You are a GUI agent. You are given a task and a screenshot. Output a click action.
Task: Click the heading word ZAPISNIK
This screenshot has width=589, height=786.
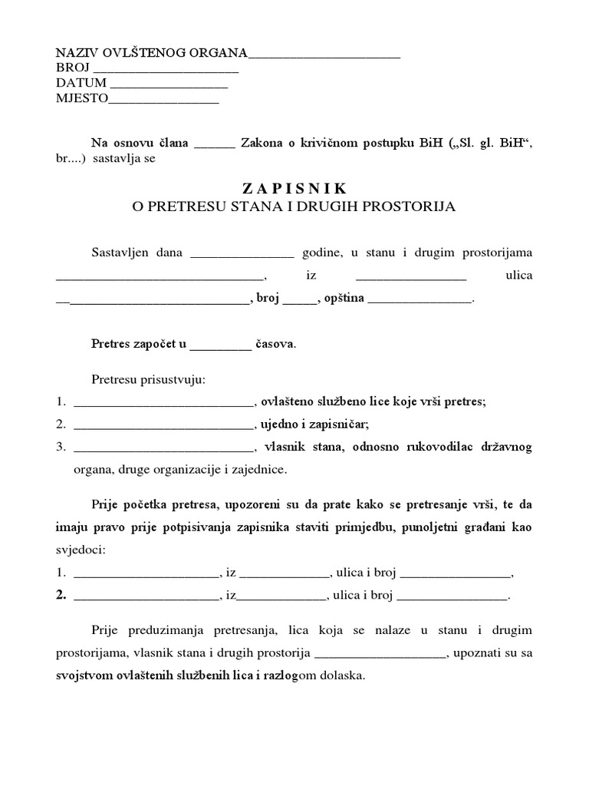click(294, 188)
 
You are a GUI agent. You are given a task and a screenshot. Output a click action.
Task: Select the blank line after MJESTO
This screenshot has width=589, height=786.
click(165, 98)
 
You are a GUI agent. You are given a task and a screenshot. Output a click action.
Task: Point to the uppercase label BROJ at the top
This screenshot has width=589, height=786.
click(73, 68)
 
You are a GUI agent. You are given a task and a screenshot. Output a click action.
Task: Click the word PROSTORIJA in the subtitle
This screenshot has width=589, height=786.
click(413, 206)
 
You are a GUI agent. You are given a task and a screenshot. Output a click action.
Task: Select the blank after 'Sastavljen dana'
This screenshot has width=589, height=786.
click(242, 253)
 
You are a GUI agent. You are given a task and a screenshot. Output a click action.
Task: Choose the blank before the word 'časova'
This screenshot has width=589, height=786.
click(220, 344)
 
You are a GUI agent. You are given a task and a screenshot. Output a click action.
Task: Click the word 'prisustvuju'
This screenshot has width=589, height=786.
click(178, 380)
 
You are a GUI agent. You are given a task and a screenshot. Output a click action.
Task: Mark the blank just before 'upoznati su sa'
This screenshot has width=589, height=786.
click(380, 655)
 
